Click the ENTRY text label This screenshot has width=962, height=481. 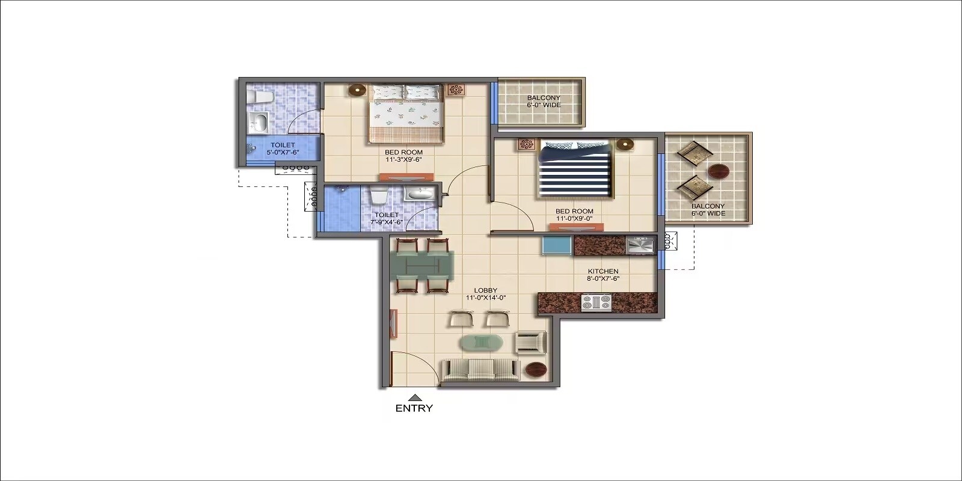(x=414, y=408)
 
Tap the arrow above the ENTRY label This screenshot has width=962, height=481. (x=414, y=397)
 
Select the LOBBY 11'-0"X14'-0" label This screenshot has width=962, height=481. (x=486, y=294)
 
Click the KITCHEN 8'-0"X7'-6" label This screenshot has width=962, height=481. (x=603, y=275)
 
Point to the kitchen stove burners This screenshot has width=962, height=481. (x=596, y=302)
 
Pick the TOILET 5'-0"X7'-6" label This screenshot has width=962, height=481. (x=283, y=149)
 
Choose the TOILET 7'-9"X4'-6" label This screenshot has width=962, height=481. (x=386, y=218)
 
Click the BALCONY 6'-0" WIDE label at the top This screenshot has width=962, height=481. (x=544, y=101)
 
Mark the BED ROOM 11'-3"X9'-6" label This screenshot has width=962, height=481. (x=403, y=156)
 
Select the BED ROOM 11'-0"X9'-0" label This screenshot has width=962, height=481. (x=574, y=215)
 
